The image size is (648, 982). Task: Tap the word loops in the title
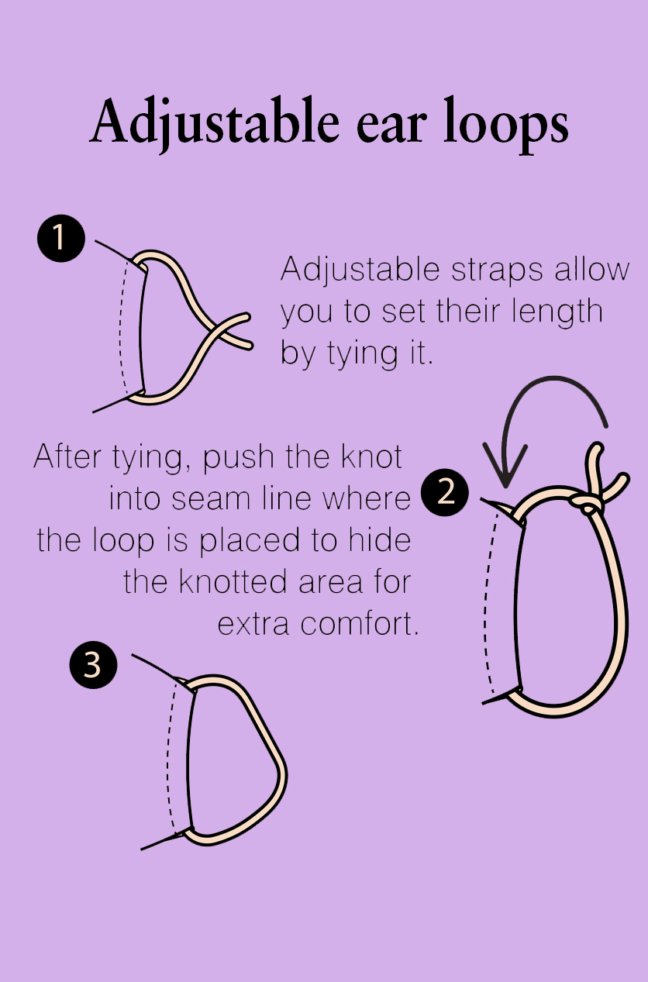pos(506,123)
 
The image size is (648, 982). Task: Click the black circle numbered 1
pos(61,239)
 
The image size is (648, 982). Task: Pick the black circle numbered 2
pos(445,492)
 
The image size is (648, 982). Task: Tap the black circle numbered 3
pos(93,664)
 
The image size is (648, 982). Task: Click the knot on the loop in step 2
pos(586,504)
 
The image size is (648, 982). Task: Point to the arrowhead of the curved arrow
pos(505,466)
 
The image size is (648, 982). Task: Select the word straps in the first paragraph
pos(497,271)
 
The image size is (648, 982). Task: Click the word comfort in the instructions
pos(359,624)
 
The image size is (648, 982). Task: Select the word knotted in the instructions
pos(233,582)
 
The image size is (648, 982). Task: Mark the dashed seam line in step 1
pos(120,326)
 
